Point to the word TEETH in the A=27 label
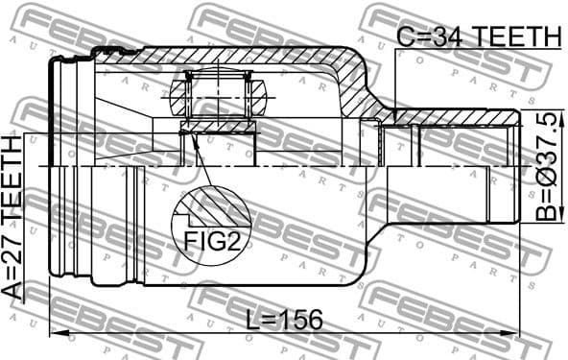(x=13, y=182)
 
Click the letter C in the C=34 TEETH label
(x=405, y=36)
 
